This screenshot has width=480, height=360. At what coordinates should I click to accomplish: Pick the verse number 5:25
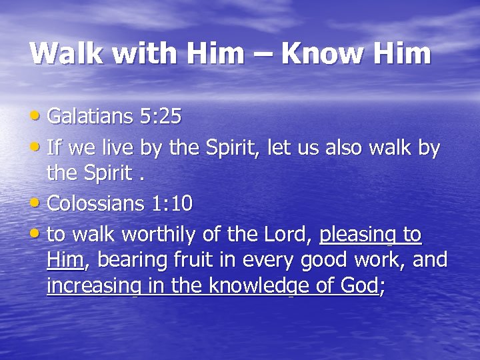(x=161, y=117)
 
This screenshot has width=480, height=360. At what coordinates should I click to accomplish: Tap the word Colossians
(x=93, y=203)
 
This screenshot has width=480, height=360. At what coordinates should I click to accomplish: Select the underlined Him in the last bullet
(x=65, y=260)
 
